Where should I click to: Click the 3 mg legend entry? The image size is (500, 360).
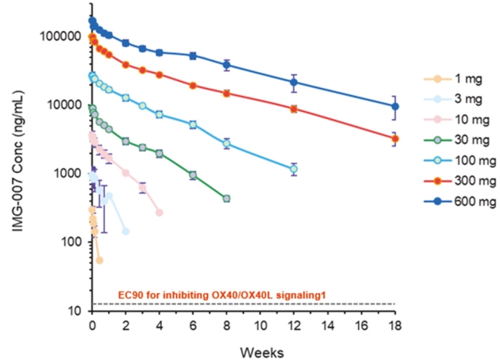451,100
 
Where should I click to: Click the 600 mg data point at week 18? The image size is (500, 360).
396,106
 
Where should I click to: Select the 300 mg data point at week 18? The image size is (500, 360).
396,139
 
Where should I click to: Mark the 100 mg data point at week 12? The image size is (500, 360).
294,169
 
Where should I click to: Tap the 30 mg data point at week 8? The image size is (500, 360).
227,198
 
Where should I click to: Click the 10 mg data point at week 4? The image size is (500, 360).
160,213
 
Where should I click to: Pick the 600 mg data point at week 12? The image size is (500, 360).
294,82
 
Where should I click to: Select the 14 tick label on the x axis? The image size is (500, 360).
328,326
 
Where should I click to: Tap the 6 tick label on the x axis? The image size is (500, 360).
193,326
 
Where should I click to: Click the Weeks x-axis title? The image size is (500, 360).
243,349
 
